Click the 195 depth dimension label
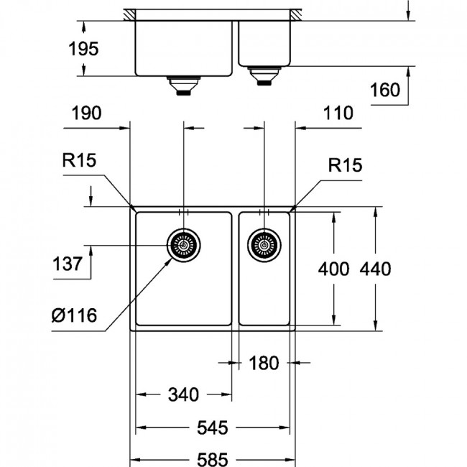(83, 49)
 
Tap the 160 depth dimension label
(385, 90)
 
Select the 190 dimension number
(86, 114)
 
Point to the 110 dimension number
(338, 114)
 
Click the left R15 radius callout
(79, 160)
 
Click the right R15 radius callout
(345, 165)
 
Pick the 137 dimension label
(68, 264)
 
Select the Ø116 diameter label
(74, 315)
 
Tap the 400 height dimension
(333, 269)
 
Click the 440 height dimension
(375, 269)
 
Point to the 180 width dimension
(264, 363)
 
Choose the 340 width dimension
(183, 394)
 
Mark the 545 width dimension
(213, 428)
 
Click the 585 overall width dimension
(213, 459)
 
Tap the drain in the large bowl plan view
(183, 246)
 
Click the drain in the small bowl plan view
(264, 246)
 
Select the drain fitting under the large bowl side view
(183, 85)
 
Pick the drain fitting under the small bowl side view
(264, 76)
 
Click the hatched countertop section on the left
(130, 15)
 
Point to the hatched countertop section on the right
(296, 15)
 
